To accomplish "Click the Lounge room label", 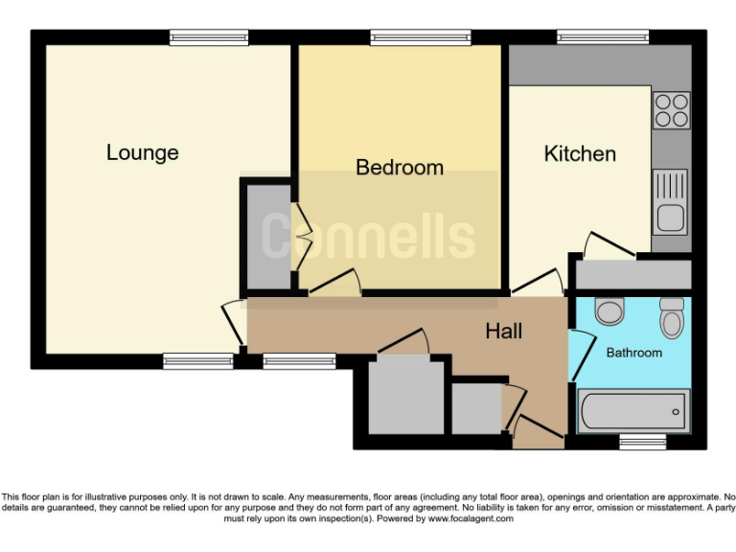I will click(x=142, y=152).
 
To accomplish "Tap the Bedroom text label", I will click(x=400, y=168).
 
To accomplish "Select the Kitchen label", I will click(x=580, y=153).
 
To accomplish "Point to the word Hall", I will click(x=503, y=332).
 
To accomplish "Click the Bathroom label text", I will click(x=633, y=353).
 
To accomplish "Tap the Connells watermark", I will click(x=368, y=236).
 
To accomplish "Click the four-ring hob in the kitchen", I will click(x=672, y=110).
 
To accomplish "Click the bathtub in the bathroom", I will click(x=633, y=412).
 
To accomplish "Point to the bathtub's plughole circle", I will click(x=677, y=412).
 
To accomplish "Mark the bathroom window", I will click(x=642, y=442).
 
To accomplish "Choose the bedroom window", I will click(x=421, y=37).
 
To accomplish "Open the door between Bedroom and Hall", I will click(x=336, y=283).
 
